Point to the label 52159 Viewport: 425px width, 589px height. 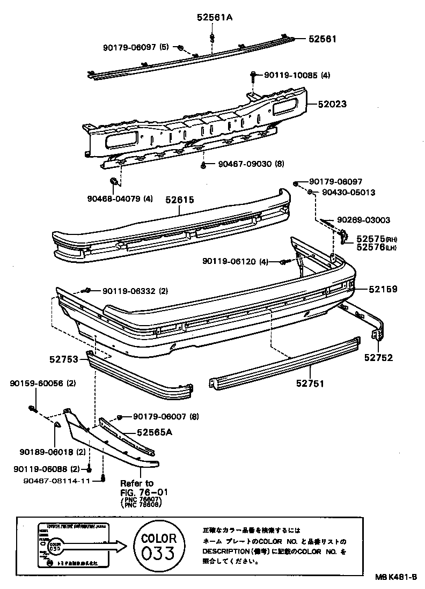[x=383, y=289]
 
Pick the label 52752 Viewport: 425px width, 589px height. [x=378, y=358]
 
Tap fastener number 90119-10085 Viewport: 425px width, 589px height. [x=290, y=75]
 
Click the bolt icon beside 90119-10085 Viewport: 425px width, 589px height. [x=253, y=76]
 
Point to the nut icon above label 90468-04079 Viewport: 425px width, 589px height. [x=114, y=182]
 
